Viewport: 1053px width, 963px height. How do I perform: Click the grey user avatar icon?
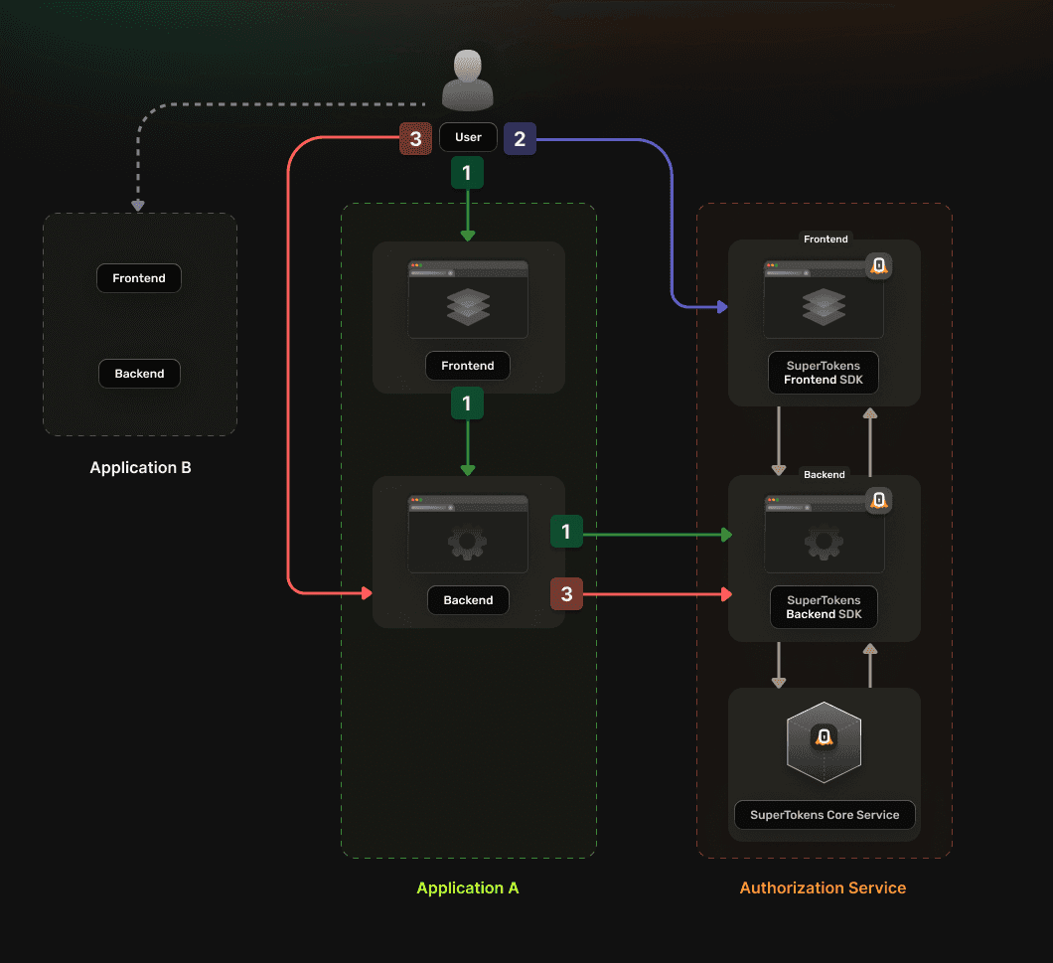tap(468, 80)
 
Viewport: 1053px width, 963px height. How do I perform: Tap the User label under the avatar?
tap(468, 137)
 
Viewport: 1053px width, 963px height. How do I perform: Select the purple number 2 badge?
tap(520, 139)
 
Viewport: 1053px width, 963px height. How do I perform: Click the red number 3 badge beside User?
tap(415, 139)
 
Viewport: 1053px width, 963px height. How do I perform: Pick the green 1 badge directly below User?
tap(468, 173)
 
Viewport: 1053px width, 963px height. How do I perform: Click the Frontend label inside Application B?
tap(139, 278)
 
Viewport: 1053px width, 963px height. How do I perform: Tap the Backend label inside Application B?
tap(139, 374)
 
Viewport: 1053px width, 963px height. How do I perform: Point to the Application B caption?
tap(140, 468)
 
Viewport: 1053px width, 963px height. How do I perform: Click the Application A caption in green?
tap(468, 887)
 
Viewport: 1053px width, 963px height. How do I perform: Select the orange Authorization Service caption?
tap(823, 887)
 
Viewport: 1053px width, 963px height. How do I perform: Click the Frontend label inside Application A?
tap(468, 366)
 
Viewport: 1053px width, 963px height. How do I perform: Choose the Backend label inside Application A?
tap(468, 600)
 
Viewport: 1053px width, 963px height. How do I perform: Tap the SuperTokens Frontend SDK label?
tap(824, 373)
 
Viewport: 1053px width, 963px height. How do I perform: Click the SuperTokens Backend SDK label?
tap(824, 607)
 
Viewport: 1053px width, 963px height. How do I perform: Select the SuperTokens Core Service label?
tap(825, 815)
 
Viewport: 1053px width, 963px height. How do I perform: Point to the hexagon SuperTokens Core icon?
tap(824, 742)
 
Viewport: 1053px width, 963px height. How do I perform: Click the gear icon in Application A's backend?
tap(468, 542)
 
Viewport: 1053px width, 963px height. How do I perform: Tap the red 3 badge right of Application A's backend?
tap(567, 594)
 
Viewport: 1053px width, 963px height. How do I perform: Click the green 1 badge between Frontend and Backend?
tap(468, 403)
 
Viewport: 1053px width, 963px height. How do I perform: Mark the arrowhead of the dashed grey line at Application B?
tap(138, 206)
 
